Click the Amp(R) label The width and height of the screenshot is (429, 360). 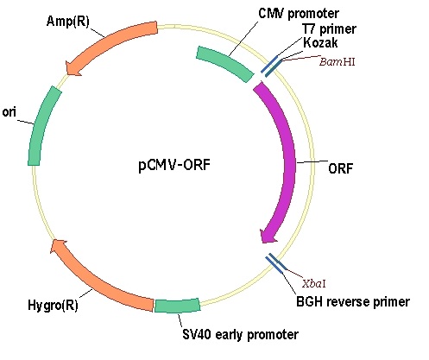[x=68, y=22]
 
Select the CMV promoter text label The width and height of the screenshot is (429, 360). [x=299, y=13]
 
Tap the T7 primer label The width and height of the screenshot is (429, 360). [x=329, y=29]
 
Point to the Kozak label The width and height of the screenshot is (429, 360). [x=320, y=42]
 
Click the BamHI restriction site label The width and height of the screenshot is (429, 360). [x=338, y=61]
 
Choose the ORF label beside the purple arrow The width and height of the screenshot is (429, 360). [x=340, y=168]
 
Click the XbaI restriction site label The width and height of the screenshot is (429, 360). [x=314, y=284]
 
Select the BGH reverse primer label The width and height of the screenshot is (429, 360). [x=353, y=301]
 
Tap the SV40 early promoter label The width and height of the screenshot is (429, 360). [x=241, y=334]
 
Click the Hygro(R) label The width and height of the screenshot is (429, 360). [x=53, y=305]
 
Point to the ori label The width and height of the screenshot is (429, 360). [x=9, y=112]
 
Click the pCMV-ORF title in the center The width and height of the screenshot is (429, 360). [x=174, y=165]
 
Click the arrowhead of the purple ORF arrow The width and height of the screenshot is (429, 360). [x=268, y=235]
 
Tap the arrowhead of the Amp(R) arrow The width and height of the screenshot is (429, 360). [x=72, y=68]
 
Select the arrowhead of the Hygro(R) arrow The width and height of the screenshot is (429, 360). [x=58, y=246]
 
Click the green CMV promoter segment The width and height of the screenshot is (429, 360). [x=225, y=64]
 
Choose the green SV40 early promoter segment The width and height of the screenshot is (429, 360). [x=177, y=305]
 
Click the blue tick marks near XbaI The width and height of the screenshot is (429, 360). [x=275, y=263]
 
